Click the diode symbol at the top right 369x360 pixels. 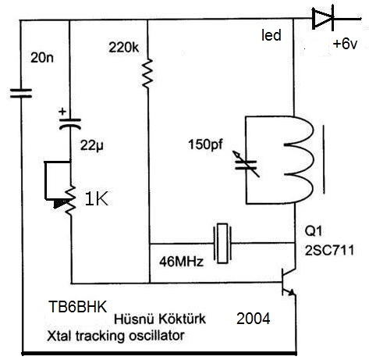tap(323, 18)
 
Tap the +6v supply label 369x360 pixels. tap(346, 44)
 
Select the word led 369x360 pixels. tap(271, 35)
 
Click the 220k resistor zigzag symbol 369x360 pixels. tap(147, 73)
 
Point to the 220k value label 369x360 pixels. tap(124, 48)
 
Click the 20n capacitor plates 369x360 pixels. tap(21, 93)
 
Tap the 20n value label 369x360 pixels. tap(42, 57)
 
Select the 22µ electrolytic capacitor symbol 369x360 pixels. tap(70, 123)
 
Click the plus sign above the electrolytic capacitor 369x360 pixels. tap(62, 112)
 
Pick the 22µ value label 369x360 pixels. tap(91, 146)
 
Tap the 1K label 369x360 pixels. tap(97, 199)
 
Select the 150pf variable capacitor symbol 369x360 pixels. tap(246, 165)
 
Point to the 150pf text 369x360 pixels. tap(205, 144)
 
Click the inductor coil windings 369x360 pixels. tap(299, 159)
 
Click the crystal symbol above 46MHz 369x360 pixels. tap(222, 243)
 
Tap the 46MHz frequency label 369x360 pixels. tap(181, 262)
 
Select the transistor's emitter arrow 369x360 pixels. tap(291, 292)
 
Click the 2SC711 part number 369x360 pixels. tap(329, 251)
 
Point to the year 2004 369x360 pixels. tap(254, 319)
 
